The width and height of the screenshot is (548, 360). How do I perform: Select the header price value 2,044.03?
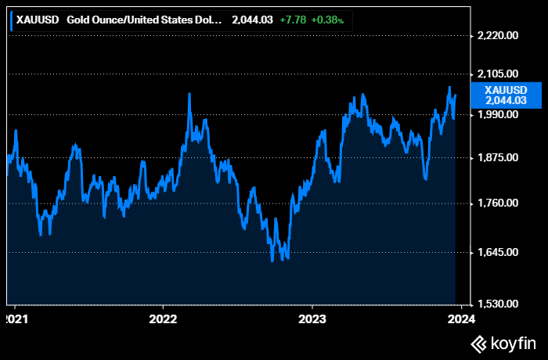tap(252, 20)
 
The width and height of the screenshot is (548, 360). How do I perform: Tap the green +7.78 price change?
tap(293, 20)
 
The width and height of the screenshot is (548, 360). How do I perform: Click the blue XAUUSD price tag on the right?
tap(506, 94)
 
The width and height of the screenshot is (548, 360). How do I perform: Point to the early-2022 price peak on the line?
tap(189, 94)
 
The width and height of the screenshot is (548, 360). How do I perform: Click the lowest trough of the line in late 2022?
tap(272, 261)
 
